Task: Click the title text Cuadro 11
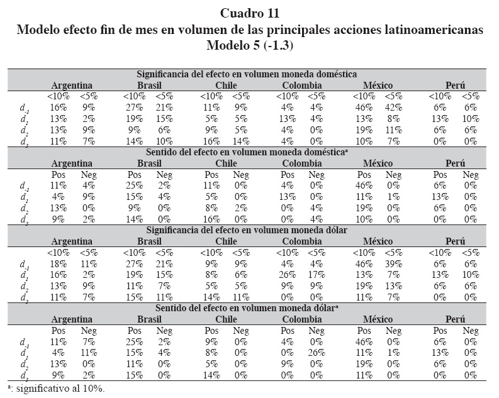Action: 250,13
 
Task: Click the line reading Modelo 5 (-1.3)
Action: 250,45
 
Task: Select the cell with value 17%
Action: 317,275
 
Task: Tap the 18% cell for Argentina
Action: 57,265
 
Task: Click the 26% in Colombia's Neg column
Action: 317,353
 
